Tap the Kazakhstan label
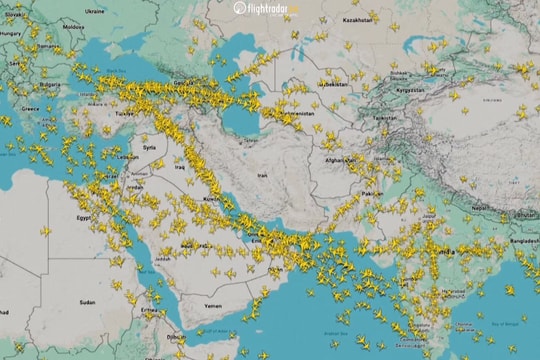click(357, 19)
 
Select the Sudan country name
click(88, 301)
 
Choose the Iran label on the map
click(263, 175)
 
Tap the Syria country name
click(150, 147)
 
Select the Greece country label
click(30, 108)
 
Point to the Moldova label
click(73, 28)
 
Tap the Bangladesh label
click(522, 241)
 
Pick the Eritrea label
click(151, 310)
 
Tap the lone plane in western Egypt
click(45, 230)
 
